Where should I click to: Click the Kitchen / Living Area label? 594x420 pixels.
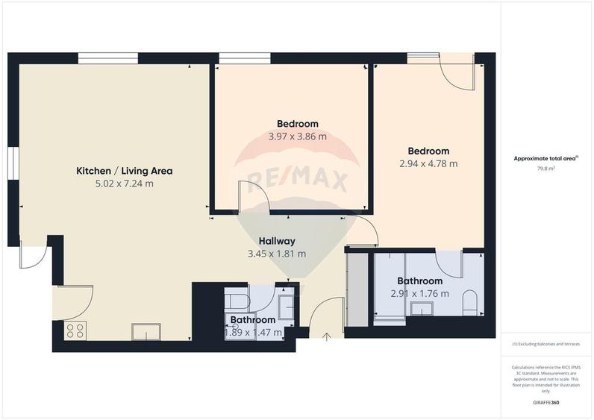click(x=125, y=171)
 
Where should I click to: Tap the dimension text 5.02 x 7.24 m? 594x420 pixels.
click(x=125, y=183)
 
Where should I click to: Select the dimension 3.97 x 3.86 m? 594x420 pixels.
click(x=298, y=137)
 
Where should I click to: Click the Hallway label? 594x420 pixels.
click(x=278, y=241)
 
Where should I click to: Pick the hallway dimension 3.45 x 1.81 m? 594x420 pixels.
click(x=278, y=254)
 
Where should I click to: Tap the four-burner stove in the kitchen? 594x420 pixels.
click(x=75, y=330)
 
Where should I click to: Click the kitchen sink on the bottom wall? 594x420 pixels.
click(x=147, y=331)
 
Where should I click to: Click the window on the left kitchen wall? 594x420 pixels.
click(x=13, y=164)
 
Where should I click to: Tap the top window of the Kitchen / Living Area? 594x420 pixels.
click(x=108, y=58)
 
